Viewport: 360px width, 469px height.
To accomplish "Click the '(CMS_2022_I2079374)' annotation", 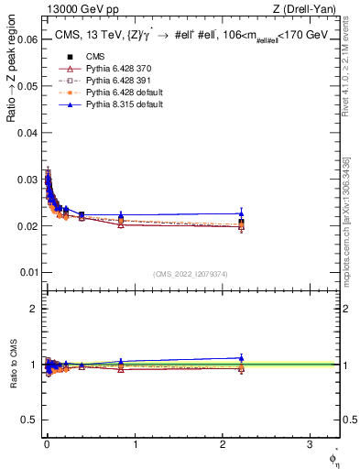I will [x=191, y=272].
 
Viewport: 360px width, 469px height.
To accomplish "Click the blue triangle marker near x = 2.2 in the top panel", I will [x=241, y=213].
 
